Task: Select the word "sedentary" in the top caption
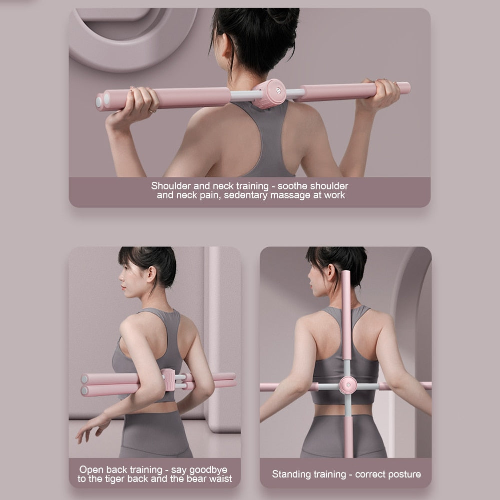(x=246, y=195)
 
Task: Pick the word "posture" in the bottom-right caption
(x=403, y=474)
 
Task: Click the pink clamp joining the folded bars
(x=168, y=381)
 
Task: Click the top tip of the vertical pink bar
(x=346, y=274)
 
